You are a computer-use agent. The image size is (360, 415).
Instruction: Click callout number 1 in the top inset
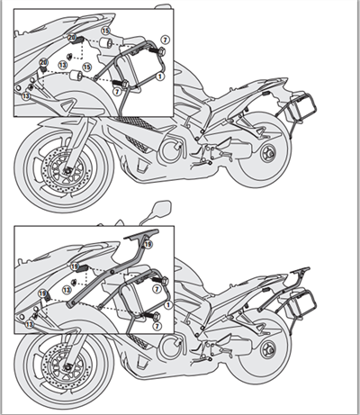pyautogui.click(x=160, y=77)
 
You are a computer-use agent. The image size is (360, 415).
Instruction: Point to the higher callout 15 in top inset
pyautogui.click(x=105, y=32)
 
